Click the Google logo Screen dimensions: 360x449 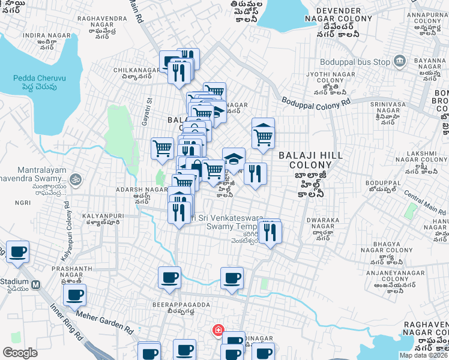[x=20, y=353]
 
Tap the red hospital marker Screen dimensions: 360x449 [x=217, y=330]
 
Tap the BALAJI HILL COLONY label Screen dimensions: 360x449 [x=310, y=160]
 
